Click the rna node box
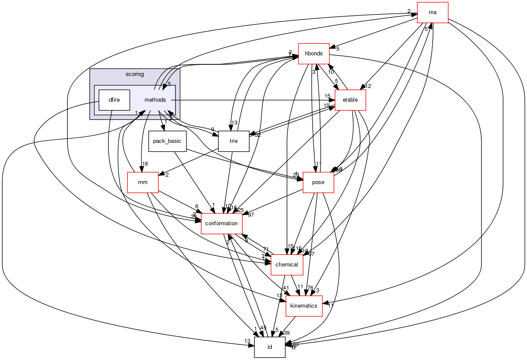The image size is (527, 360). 432,12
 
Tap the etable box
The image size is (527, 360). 350,100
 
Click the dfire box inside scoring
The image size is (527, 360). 114,100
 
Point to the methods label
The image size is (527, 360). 155,100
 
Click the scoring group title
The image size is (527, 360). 135,74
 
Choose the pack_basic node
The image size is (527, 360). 167,141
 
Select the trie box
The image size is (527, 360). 234,141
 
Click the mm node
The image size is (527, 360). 143,182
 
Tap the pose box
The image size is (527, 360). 318,182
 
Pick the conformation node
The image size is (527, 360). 222,224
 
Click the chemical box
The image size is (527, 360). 286,265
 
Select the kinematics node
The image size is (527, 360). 304,306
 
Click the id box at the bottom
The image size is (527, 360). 270,347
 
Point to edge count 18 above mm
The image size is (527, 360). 145,164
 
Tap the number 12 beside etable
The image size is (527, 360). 368,86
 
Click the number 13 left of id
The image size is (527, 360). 247,341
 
